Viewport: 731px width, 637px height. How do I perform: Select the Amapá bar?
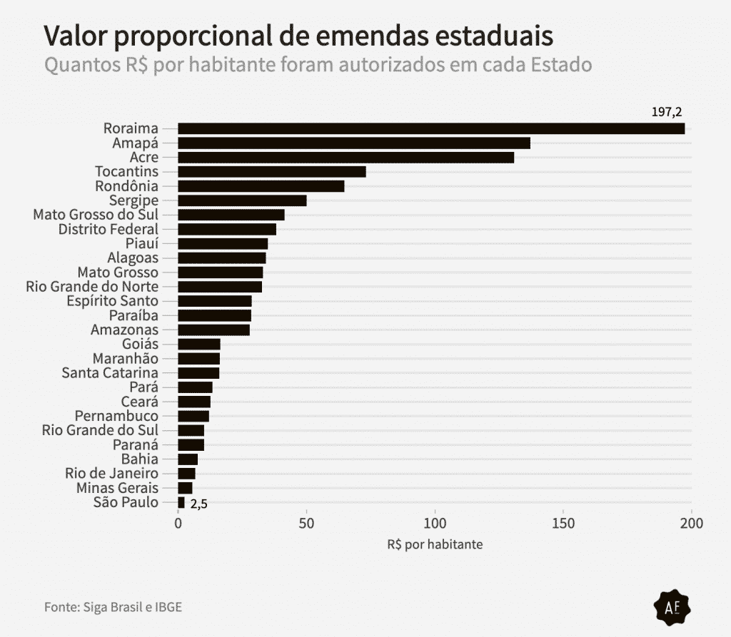353,143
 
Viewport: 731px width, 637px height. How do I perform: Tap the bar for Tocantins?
271,172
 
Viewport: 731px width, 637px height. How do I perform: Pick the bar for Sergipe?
242,200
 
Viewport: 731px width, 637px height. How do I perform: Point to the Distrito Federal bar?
226,229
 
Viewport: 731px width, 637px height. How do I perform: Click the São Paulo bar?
181,502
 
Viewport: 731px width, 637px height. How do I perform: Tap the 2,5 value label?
198,504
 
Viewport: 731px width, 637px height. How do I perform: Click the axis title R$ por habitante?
435,544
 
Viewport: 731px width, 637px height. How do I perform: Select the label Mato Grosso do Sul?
96,215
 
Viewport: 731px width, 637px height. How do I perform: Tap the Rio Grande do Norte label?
92,287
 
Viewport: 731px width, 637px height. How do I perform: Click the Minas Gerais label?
117,488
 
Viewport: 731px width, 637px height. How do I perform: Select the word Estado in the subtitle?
562,65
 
